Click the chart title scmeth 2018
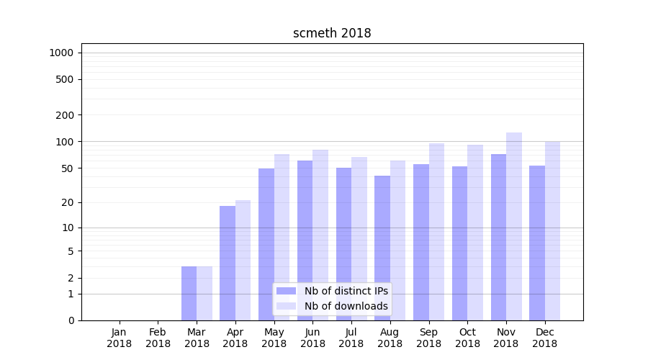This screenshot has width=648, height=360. click(332, 33)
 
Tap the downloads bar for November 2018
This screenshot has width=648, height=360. click(514, 226)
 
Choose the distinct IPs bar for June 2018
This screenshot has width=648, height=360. click(305, 240)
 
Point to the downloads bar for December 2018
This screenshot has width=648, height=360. click(553, 230)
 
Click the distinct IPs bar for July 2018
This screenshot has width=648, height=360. click(343, 244)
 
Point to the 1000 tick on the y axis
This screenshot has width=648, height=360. click(61, 53)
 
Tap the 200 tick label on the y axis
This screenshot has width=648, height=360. click(65, 115)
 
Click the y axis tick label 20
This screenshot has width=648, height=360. click(68, 202)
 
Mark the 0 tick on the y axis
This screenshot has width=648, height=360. click(71, 320)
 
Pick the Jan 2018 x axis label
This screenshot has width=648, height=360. click(120, 338)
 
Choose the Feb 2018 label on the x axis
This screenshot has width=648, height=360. click(158, 338)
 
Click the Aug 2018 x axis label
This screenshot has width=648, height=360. click(390, 338)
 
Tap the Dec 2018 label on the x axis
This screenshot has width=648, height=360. click(545, 338)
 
